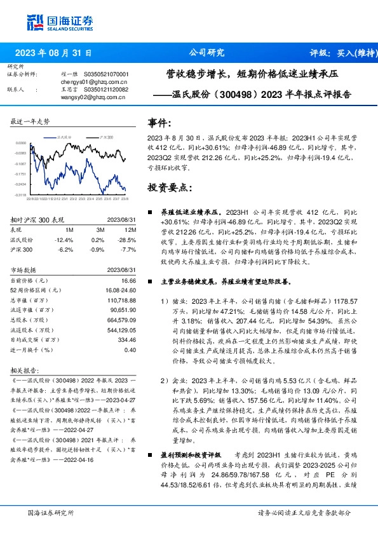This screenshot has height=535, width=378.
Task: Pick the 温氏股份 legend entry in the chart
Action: [x=64, y=137]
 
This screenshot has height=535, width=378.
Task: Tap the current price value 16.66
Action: [x=128, y=280]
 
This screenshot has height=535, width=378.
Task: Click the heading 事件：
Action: [x=159, y=123]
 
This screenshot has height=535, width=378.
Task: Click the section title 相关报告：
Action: [x=30, y=370]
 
